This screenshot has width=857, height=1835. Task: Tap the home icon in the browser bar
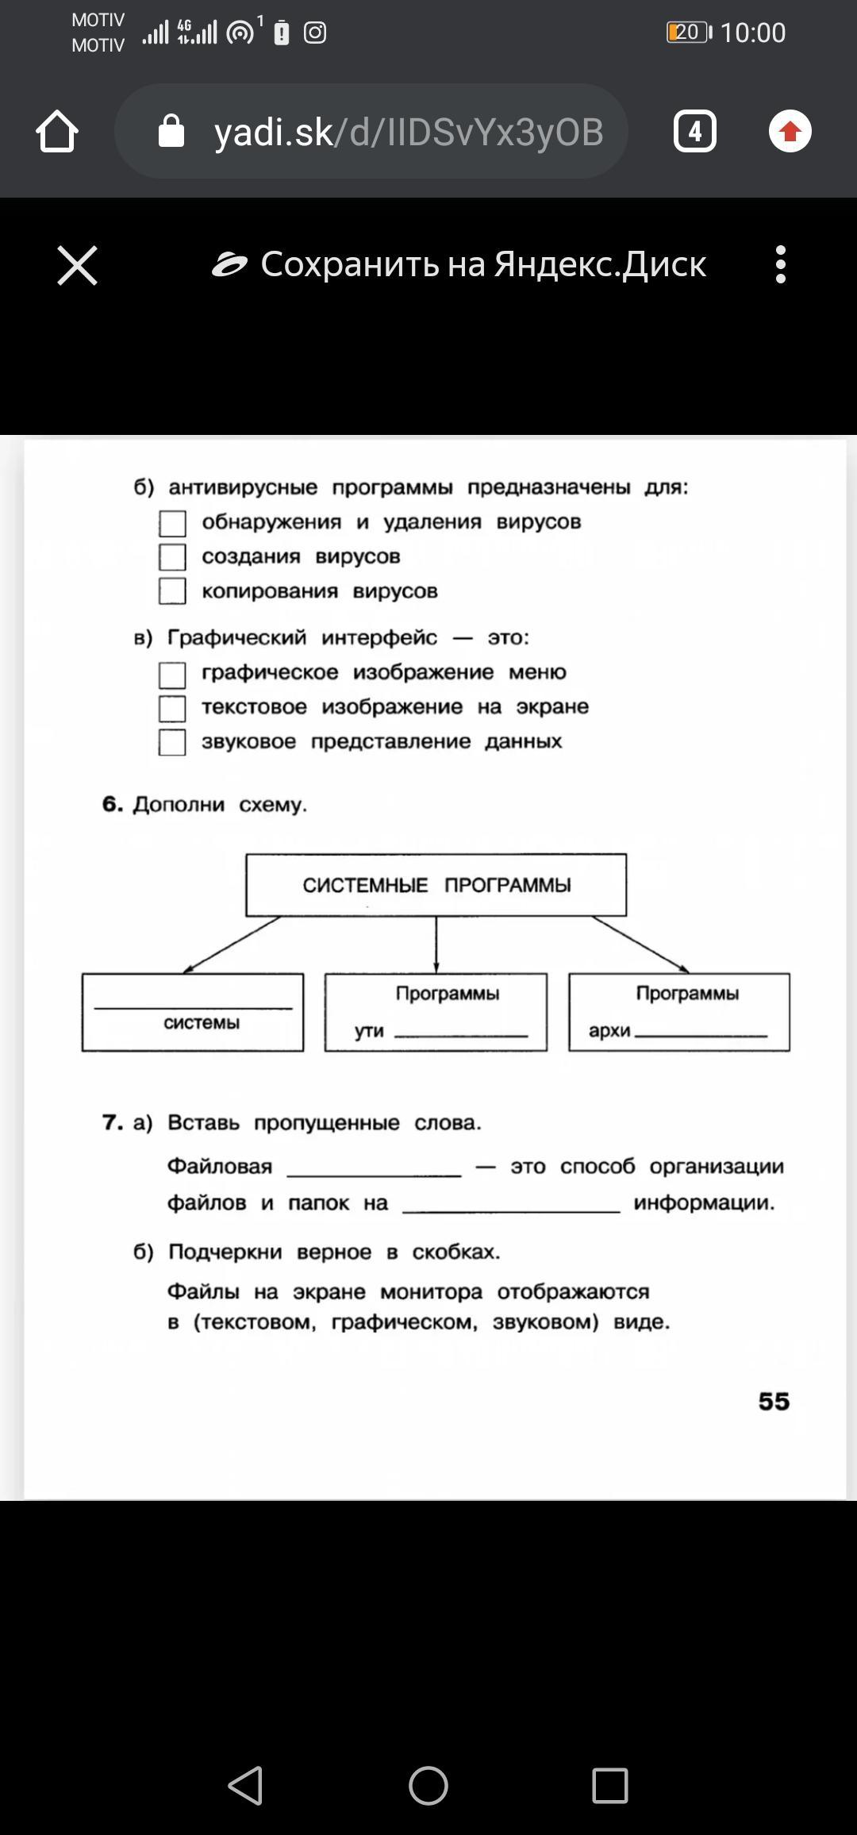tap(57, 131)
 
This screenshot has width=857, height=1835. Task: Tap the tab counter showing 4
tap(694, 131)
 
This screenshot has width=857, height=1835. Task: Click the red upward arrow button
tap(790, 131)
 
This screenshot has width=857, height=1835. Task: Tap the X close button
tap(77, 264)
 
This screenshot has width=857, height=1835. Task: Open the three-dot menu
tap(781, 264)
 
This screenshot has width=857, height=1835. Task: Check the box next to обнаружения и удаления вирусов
tap(172, 523)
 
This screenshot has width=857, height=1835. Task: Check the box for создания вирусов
tap(172, 557)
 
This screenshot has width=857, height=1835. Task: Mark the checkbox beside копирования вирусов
tap(172, 591)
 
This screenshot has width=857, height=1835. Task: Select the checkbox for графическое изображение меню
tap(172, 675)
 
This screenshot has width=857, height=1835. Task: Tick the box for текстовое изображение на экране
tap(172, 708)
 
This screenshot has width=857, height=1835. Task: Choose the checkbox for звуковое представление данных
tap(172, 742)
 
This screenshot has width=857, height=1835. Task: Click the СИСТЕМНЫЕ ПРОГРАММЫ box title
tap(436, 885)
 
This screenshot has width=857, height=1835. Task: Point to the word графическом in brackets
tap(404, 1322)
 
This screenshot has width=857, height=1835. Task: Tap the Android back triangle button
tap(246, 1786)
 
